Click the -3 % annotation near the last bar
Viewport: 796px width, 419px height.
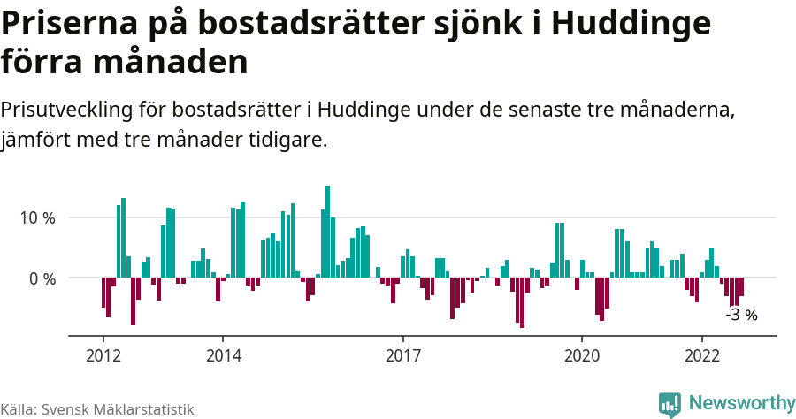pyautogui.click(x=741, y=315)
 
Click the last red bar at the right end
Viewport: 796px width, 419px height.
pyautogui.click(x=741, y=287)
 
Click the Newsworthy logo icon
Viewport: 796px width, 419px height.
pyautogui.click(x=670, y=404)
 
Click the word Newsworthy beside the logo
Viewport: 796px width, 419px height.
pyautogui.click(x=742, y=403)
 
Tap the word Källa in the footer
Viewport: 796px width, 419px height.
pyautogui.click(x=19, y=409)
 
